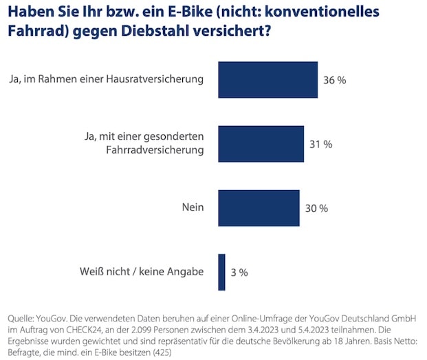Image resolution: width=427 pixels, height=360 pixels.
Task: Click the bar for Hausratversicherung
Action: coord(267,80)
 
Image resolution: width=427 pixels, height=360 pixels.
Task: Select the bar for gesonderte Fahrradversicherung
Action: coord(261,144)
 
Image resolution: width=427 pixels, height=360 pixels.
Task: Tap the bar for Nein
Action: coord(259,208)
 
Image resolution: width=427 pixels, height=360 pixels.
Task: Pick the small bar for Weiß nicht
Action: coord(221,272)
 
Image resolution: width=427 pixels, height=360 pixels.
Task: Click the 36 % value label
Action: coord(334,80)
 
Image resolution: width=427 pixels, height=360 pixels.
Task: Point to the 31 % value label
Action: coord(320,144)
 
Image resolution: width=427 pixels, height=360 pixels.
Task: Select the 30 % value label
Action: coord(316,208)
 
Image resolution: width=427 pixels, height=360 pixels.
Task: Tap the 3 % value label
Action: coord(239,272)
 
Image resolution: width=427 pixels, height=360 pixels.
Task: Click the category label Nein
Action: coord(192,207)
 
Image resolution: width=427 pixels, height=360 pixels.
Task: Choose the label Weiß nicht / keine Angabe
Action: coord(141,271)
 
